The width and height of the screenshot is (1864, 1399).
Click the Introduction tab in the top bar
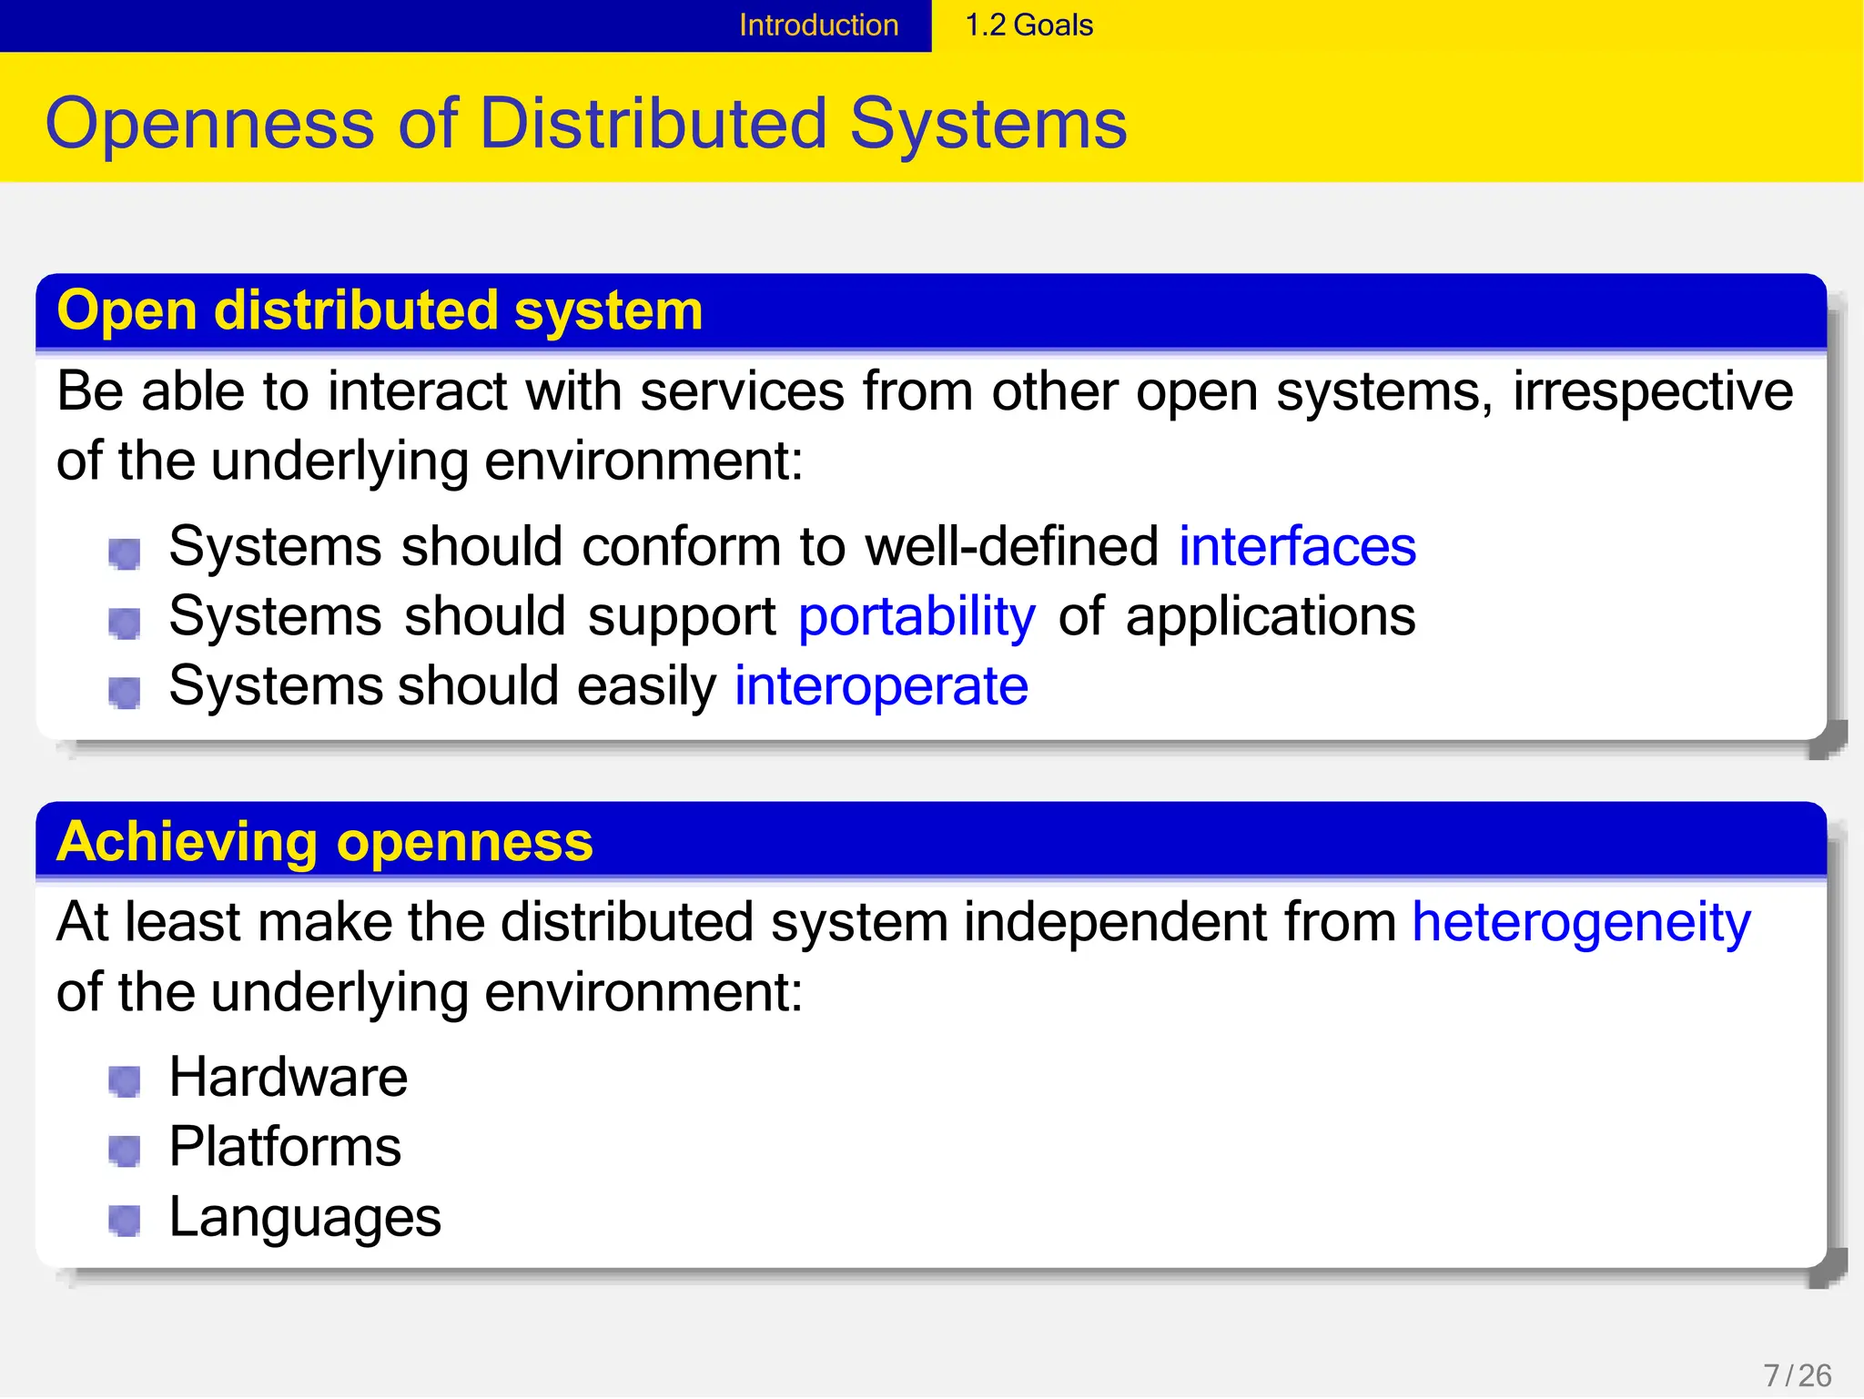tap(818, 25)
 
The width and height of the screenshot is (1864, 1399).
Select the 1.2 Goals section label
tap(1028, 25)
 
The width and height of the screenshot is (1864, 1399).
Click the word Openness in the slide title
tap(209, 124)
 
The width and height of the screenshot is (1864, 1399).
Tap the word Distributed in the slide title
tap(653, 124)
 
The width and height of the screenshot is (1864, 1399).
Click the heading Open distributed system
tap(380, 310)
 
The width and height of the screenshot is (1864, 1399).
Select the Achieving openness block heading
tap(324, 841)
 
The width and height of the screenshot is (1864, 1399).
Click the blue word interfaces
tap(1297, 547)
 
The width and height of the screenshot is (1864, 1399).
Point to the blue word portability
tap(917, 617)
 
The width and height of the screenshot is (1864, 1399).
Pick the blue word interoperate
tap(881, 686)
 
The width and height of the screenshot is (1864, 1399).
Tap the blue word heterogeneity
tap(1581, 922)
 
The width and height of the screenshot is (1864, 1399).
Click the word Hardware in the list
tap(289, 1078)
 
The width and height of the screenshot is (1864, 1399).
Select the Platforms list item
tap(285, 1147)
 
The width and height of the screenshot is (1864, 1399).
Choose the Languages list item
tap(305, 1217)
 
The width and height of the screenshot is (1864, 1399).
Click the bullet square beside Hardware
tap(124, 1081)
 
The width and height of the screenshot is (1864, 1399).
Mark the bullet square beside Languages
tap(124, 1221)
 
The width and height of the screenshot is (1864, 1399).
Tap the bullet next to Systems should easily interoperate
tap(124, 692)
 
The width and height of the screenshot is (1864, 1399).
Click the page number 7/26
tap(1798, 1375)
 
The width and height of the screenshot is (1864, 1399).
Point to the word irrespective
tap(1653, 392)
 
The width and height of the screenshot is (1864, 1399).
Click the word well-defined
tap(1011, 547)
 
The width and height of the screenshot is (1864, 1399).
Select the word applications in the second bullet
tap(1271, 617)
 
